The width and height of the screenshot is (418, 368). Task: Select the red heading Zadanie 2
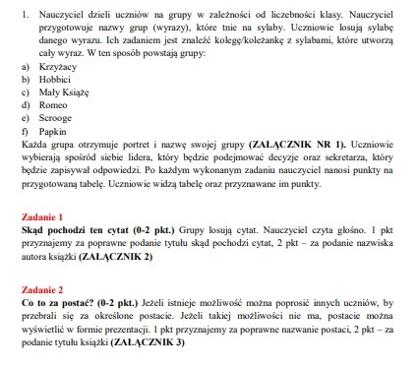(42, 291)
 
